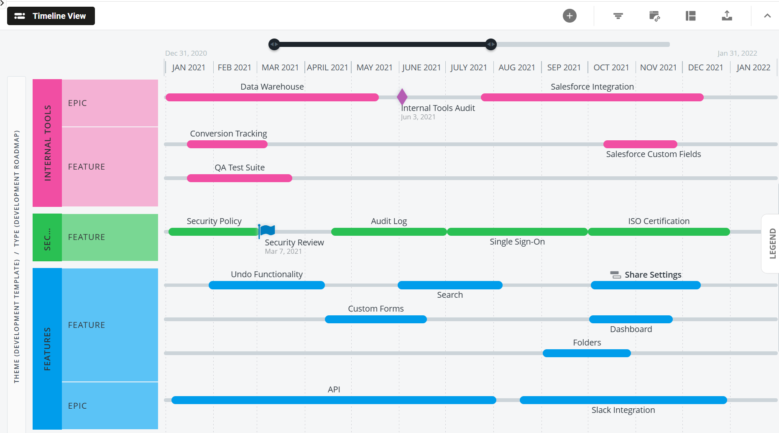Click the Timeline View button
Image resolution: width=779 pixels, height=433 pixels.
(x=51, y=16)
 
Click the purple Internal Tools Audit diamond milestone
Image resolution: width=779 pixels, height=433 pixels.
(x=402, y=97)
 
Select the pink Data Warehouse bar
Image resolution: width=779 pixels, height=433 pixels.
(x=272, y=98)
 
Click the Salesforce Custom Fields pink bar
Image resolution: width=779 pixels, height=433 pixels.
(x=640, y=144)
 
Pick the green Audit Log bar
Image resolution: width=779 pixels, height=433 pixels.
(x=388, y=232)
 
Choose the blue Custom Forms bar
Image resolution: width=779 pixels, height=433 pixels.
(x=375, y=319)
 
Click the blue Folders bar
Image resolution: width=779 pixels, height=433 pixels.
(x=586, y=353)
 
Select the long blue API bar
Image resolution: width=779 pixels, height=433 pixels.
(x=333, y=400)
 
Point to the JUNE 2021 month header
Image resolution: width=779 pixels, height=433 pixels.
(x=421, y=67)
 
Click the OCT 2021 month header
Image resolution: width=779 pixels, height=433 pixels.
(x=611, y=67)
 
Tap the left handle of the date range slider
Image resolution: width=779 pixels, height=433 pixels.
(x=274, y=44)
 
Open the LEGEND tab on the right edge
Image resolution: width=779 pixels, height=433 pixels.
(x=772, y=243)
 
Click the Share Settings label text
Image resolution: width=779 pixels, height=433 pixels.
(x=652, y=275)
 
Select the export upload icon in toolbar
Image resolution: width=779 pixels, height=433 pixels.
(x=727, y=16)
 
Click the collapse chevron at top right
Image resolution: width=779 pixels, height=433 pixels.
(x=767, y=16)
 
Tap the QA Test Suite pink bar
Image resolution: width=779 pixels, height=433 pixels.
(x=239, y=178)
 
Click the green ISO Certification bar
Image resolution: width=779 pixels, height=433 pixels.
(x=659, y=232)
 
